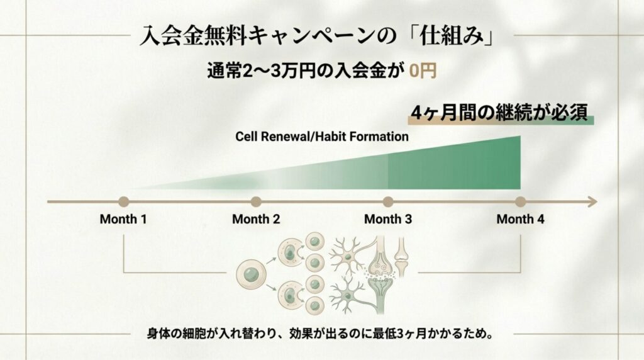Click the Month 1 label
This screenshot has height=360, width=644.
pos(123,220)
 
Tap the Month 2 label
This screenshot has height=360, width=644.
pos(255,220)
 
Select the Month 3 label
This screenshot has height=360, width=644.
pos(388,220)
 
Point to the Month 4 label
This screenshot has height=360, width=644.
pos(520,220)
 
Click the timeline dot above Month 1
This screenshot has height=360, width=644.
pos(123,202)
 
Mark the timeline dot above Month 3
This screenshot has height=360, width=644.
pos(388,202)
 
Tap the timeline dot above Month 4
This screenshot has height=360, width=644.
pos(520,202)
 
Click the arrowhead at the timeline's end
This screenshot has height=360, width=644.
pos(592,202)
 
